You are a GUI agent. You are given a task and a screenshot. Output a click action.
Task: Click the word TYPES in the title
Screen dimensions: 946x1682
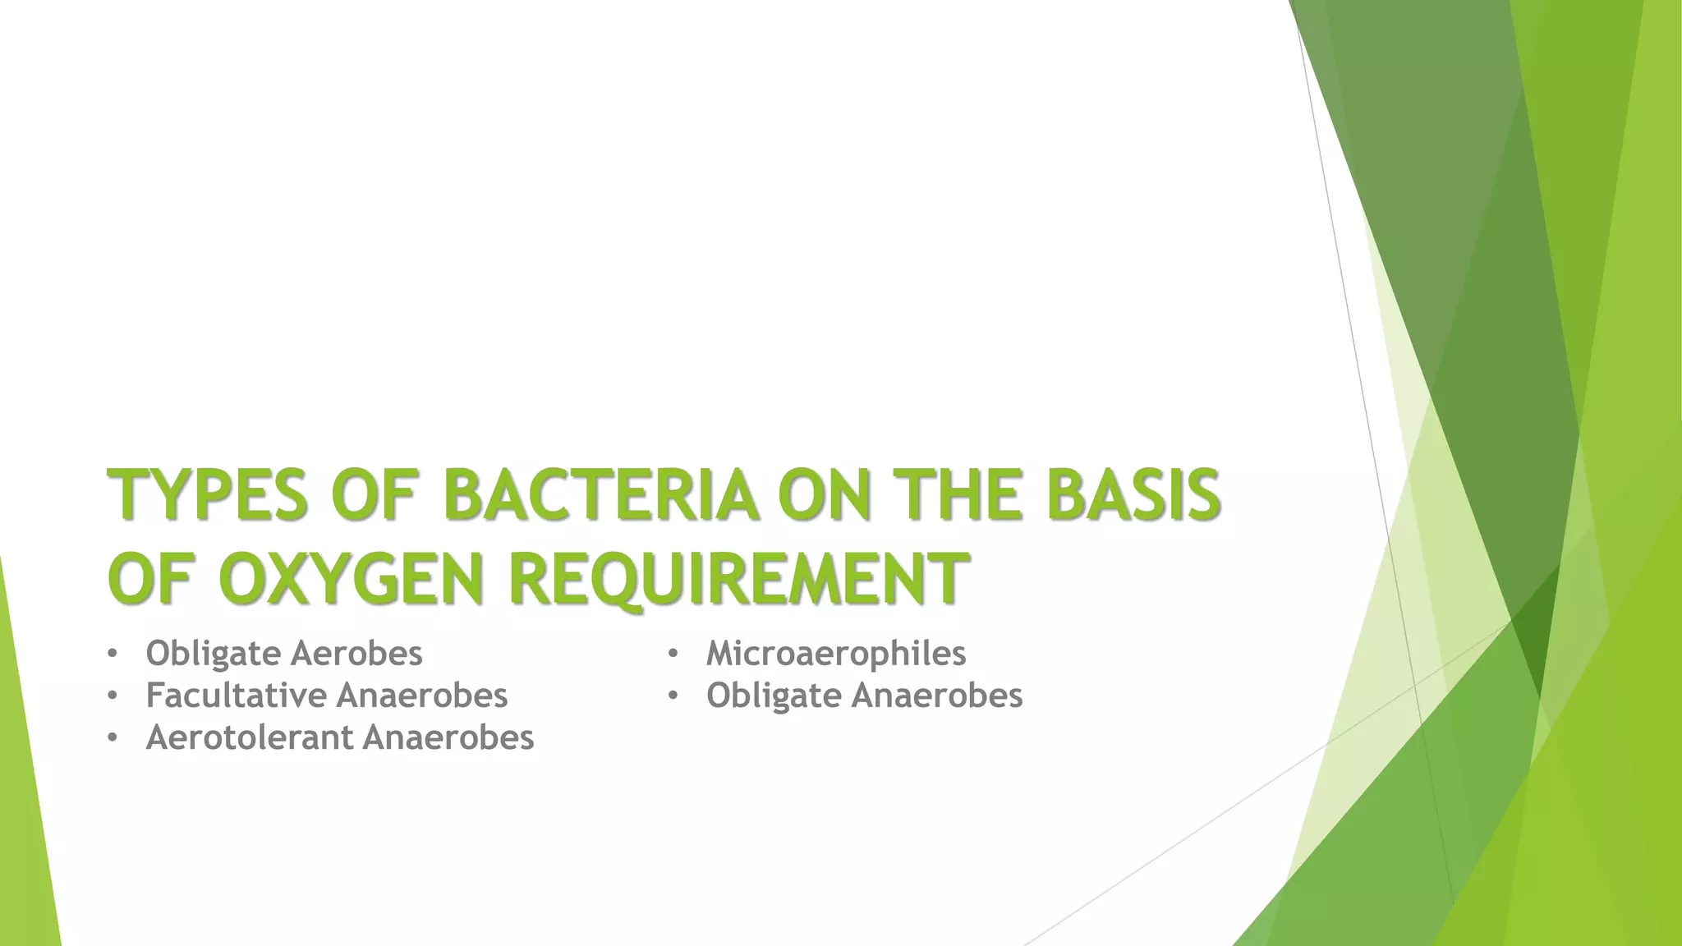208,495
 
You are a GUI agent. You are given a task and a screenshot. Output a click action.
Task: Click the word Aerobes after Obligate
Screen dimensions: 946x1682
356,654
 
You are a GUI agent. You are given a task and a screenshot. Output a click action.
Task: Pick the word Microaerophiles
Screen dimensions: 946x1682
836,654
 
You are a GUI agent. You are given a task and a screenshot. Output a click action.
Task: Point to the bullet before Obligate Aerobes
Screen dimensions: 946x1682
112,654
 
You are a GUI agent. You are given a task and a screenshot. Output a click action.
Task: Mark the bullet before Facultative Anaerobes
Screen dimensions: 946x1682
112,696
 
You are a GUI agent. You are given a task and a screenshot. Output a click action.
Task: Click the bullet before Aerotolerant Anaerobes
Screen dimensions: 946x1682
112,738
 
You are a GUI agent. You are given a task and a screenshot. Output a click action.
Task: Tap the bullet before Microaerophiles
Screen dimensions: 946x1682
673,654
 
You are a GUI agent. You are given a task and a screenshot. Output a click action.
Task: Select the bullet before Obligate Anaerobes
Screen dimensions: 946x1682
673,696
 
